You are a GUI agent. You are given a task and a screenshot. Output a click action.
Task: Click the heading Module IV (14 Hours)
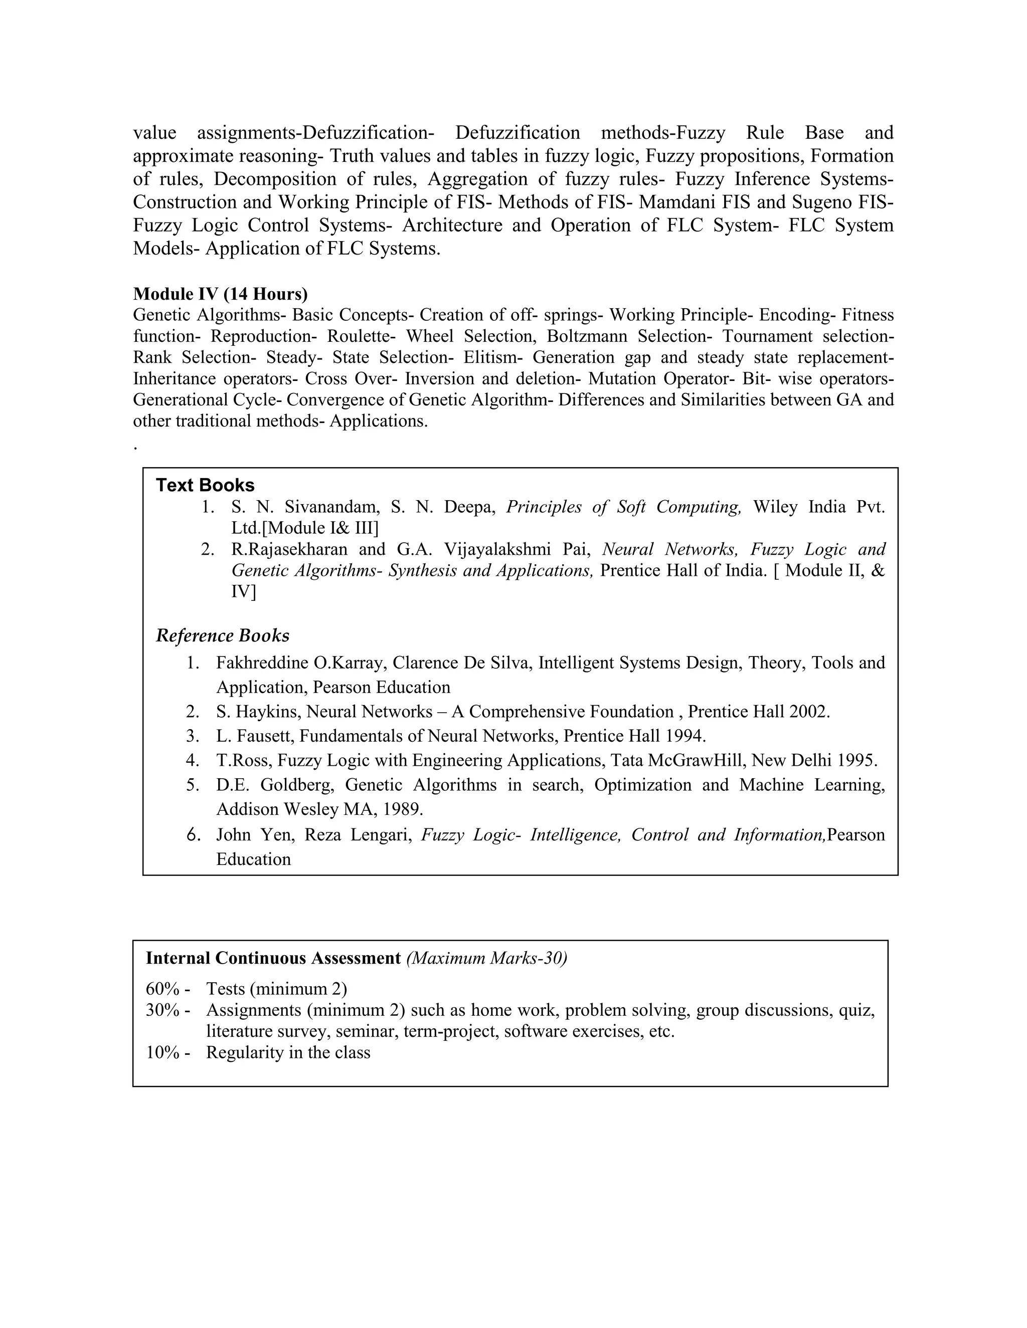tap(220, 294)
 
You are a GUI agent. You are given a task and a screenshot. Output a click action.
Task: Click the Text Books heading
tap(205, 485)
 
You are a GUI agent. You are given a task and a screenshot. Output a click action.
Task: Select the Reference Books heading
tap(223, 635)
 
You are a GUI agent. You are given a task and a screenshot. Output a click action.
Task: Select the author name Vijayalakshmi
tap(498, 549)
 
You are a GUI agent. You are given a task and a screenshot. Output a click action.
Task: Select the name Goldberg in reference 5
tap(297, 785)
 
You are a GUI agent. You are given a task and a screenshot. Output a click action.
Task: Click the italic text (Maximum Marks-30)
tap(487, 958)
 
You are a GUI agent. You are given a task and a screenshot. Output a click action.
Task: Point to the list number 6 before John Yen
tap(194, 835)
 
